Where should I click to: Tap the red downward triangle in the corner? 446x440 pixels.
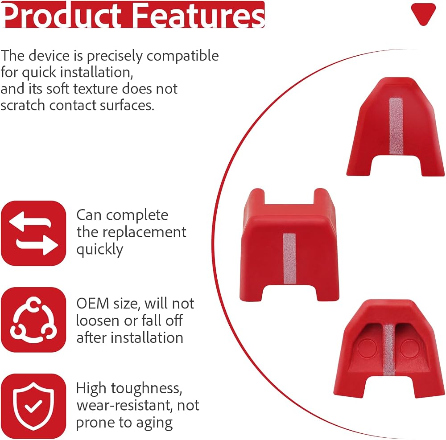423,14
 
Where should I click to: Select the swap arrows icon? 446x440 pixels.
33,233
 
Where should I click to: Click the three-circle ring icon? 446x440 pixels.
33,320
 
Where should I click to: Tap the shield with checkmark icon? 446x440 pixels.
33,406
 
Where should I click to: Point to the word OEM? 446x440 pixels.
93,304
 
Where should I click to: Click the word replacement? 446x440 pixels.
144,233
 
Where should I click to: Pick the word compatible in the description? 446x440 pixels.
182,56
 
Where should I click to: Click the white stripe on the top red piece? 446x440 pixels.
396,126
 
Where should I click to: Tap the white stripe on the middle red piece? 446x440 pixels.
290,259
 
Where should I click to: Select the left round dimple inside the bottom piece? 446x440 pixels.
367,348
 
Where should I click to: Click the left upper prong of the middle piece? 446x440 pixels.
256,197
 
